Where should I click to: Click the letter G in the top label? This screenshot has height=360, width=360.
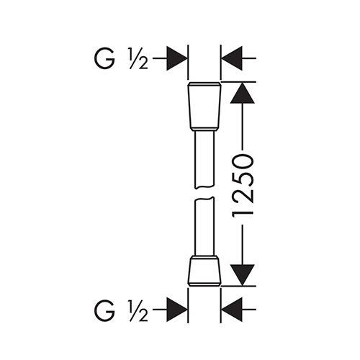(x=104, y=58)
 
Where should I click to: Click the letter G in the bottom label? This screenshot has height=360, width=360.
(x=104, y=310)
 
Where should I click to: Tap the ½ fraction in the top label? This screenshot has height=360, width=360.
(x=138, y=59)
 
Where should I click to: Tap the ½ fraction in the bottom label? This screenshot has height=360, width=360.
(x=138, y=310)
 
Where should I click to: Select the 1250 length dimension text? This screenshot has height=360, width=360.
(x=243, y=186)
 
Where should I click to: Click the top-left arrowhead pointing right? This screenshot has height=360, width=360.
(x=177, y=58)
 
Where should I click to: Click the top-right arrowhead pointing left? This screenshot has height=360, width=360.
(x=232, y=58)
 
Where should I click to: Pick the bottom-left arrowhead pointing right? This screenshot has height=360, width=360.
(x=177, y=310)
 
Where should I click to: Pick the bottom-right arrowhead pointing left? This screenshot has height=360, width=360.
(x=232, y=310)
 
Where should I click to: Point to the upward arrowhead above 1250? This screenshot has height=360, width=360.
(x=242, y=93)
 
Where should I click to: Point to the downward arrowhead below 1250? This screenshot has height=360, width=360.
(x=242, y=275)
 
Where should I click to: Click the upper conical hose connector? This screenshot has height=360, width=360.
(x=204, y=105)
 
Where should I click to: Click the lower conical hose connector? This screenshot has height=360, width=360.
(x=204, y=271)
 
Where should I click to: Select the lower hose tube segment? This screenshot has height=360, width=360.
(x=204, y=226)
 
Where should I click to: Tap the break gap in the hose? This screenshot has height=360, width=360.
(x=204, y=192)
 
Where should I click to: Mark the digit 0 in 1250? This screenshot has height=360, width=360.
(x=243, y=162)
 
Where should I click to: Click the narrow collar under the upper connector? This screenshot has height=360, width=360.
(x=204, y=130)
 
